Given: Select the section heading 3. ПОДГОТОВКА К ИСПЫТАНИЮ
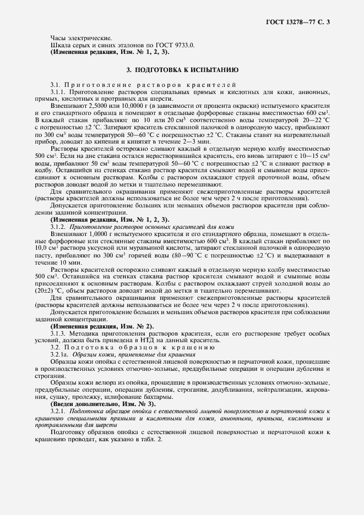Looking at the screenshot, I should click(182, 70).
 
